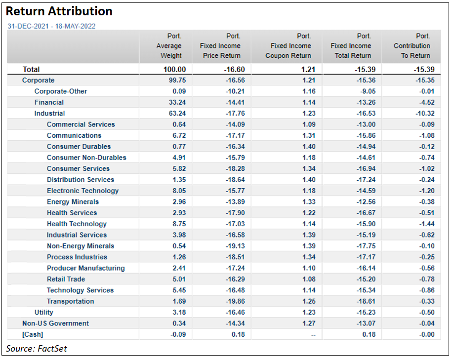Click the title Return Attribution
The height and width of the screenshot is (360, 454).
point(59,11)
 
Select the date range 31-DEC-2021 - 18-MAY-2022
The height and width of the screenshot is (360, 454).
point(51,26)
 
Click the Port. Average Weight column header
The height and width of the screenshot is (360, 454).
point(169,46)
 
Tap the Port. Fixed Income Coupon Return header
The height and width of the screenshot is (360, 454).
point(289,46)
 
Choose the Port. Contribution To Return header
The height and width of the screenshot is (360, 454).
point(412,46)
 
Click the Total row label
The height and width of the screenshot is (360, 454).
point(31,70)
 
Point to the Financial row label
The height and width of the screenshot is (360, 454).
point(49,102)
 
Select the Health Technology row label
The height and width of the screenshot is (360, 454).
point(77,224)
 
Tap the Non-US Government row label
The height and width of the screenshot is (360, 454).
point(55,323)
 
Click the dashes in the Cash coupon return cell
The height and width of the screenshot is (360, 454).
point(311,334)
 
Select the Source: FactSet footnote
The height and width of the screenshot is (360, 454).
point(36,349)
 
